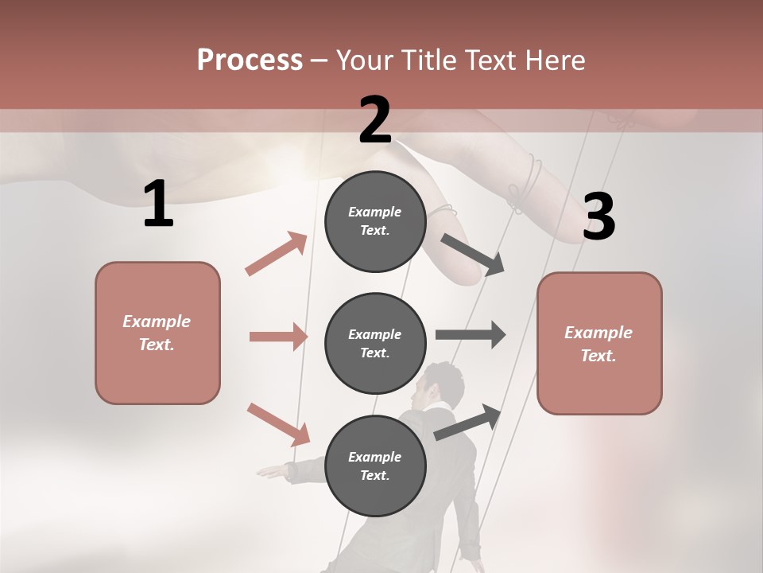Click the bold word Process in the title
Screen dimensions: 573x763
click(x=250, y=60)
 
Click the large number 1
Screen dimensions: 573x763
click(x=158, y=205)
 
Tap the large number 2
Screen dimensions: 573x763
click(x=375, y=120)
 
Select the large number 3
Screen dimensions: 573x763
click(x=598, y=216)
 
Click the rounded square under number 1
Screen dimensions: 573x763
click(x=157, y=333)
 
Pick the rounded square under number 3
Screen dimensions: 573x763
click(x=599, y=343)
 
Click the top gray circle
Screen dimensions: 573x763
click(x=375, y=221)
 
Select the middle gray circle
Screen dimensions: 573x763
click(x=375, y=343)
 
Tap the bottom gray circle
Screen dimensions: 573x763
click(x=375, y=466)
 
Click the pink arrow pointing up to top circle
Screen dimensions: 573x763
click(x=277, y=253)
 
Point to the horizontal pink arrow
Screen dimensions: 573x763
click(x=278, y=337)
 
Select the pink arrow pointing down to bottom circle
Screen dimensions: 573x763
click(x=278, y=424)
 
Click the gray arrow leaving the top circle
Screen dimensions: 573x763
click(x=473, y=255)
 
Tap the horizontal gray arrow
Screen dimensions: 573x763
click(x=471, y=334)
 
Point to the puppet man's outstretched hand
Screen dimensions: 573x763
click(x=270, y=472)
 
